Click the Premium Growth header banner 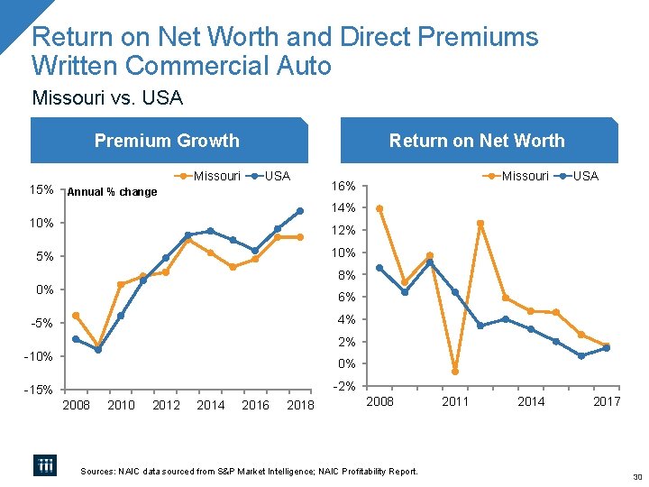click(x=168, y=141)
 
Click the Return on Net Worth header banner click(x=476, y=141)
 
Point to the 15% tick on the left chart click(x=41, y=190)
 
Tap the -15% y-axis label click(x=39, y=391)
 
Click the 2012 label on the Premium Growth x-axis click(x=166, y=405)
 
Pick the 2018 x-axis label click(x=300, y=405)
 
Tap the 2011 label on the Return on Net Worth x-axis click(x=455, y=401)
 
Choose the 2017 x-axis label click(x=607, y=401)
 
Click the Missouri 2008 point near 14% click(x=379, y=208)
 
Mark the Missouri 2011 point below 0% click(x=455, y=372)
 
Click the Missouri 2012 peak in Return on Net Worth click(x=480, y=223)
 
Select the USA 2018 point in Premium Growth click(x=300, y=211)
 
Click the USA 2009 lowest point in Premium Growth click(x=98, y=350)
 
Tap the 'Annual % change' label click(x=113, y=191)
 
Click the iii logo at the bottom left click(x=45, y=464)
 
